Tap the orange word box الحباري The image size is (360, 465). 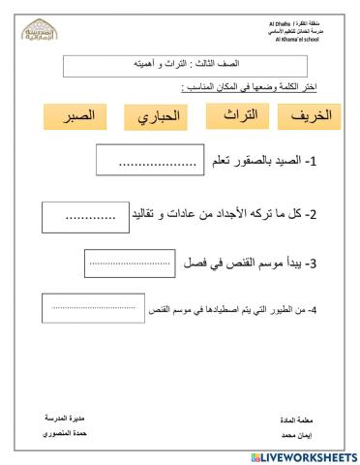pos(157,119)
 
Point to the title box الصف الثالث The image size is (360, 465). pos(185,67)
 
